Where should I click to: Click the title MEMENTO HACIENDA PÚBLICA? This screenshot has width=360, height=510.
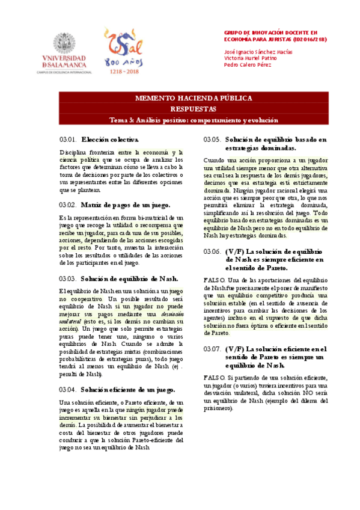pyautogui.click(x=185, y=97)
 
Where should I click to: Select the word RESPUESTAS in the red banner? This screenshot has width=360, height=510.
pyautogui.click(x=185, y=109)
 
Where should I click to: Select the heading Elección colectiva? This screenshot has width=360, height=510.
pyautogui.click(x=109, y=140)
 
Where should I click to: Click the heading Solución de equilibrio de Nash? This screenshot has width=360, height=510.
pyautogui.click(x=128, y=278)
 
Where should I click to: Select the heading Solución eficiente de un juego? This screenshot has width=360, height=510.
pyautogui.click(x=128, y=389)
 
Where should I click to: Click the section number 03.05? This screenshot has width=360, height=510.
pyautogui.click(x=212, y=140)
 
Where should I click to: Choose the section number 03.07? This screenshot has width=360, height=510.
pyautogui.click(x=212, y=348)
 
